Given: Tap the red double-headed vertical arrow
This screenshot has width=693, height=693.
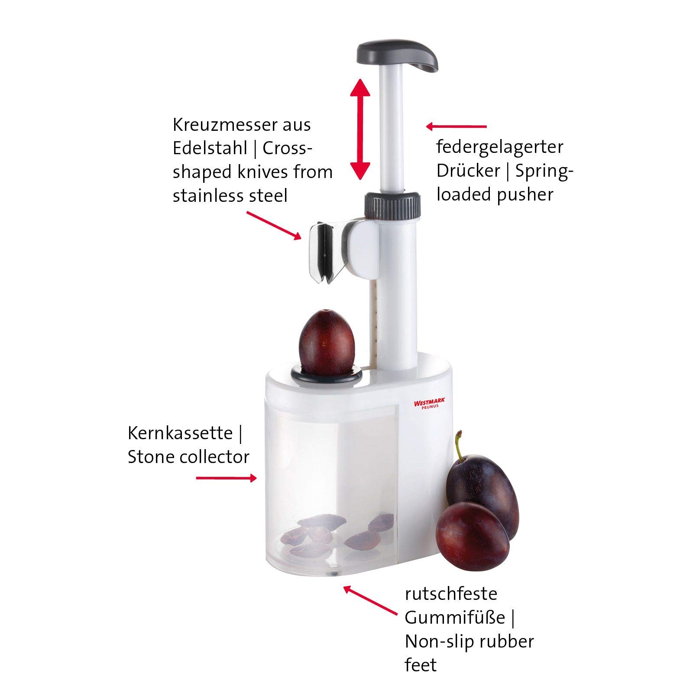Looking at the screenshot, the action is point(360,129).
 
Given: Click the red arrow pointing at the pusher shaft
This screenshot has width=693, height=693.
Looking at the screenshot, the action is point(456,126).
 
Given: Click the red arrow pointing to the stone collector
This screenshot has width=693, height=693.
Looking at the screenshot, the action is point(227,478).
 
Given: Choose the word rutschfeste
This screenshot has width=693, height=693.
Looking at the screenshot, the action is point(451,593).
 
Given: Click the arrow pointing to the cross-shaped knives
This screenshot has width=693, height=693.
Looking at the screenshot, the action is point(274,225).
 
